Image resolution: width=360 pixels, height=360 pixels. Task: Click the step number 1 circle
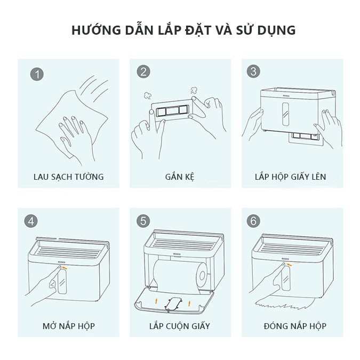37,74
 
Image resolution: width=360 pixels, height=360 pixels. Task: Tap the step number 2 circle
143,71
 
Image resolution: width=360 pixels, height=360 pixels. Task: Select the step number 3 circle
253,71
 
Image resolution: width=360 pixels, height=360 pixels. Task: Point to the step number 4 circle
31,221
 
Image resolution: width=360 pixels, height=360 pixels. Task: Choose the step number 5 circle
143,221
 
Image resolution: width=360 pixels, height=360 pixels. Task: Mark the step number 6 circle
253,221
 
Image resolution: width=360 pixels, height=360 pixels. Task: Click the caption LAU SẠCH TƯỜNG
69,177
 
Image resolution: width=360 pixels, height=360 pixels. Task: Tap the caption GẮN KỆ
180,177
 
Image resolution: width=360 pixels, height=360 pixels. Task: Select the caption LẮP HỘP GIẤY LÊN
291,177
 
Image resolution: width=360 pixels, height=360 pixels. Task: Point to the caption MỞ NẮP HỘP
69,326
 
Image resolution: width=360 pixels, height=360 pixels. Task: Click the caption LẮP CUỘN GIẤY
180,326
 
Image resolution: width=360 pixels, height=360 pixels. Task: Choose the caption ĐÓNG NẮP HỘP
295,326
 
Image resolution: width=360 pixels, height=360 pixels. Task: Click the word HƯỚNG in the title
96,30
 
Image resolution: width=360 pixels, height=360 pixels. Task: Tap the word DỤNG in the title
276,30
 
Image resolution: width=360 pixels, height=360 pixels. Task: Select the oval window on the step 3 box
285,114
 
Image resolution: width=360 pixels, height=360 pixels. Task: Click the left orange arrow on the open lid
156,301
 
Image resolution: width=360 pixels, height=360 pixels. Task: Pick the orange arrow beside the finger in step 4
66,268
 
